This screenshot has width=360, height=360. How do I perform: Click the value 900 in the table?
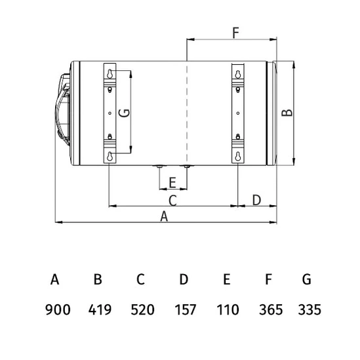click(x=58, y=310)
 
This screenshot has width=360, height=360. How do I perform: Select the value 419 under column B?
click(x=100, y=310)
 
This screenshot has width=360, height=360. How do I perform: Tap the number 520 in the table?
click(x=142, y=310)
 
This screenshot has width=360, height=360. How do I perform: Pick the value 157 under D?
click(x=186, y=310)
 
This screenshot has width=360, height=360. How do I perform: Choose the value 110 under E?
click(x=228, y=310)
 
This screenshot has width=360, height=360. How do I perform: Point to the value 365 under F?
click(x=271, y=310)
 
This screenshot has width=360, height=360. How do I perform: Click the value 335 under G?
click(x=310, y=310)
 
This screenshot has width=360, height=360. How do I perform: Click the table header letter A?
click(x=55, y=279)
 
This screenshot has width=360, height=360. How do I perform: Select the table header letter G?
click(x=307, y=279)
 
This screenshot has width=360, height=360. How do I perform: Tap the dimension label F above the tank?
click(x=236, y=33)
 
